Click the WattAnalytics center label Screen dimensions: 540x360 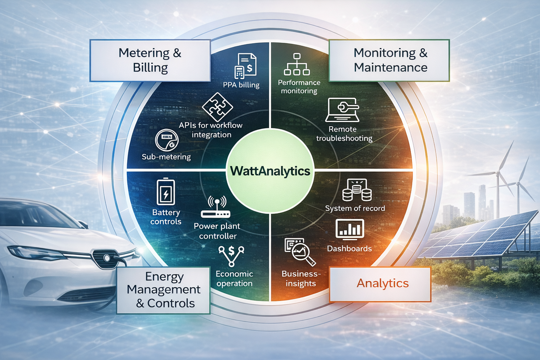coord(270,171)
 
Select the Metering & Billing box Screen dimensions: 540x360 coord(150,60)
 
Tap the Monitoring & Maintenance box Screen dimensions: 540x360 coord(389,60)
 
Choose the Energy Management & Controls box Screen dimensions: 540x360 coord(163,290)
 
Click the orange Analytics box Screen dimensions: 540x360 coord(380,284)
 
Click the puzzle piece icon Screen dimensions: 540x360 coord(218,107)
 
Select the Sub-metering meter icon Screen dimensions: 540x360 coord(167,140)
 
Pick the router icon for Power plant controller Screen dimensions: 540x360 coord(216,208)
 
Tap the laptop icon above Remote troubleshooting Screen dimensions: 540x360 coord(342,110)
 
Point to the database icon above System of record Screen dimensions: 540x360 coord(356,190)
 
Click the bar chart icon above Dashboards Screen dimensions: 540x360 coord(349,229)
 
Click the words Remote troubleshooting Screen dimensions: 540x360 coord(344,134)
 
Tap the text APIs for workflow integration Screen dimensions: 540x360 coord(211,130)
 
